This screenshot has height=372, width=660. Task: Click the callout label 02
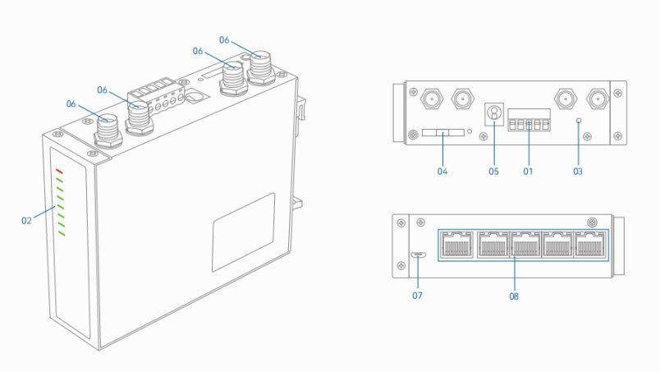tap(27, 219)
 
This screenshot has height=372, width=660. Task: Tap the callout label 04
tap(442, 172)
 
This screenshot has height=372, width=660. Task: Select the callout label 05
tap(493, 172)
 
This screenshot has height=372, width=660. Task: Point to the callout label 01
tap(528, 172)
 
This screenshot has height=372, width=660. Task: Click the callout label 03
tap(579, 172)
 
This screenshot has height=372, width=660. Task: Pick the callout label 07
tap(417, 296)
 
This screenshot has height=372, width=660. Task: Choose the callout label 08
tap(514, 296)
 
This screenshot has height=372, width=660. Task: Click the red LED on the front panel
tap(59, 171)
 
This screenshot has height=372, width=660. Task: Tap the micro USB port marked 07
tap(419, 255)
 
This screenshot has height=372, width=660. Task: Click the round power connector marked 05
tap(494, 113)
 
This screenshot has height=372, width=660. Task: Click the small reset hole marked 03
tap(579, 121)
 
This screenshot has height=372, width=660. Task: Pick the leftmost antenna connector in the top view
tap(429, 101)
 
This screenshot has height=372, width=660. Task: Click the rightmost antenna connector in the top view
tap(597, 101)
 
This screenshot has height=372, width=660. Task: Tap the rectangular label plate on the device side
tap(243, 231)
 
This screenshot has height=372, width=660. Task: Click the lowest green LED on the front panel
tap(60, 234)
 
